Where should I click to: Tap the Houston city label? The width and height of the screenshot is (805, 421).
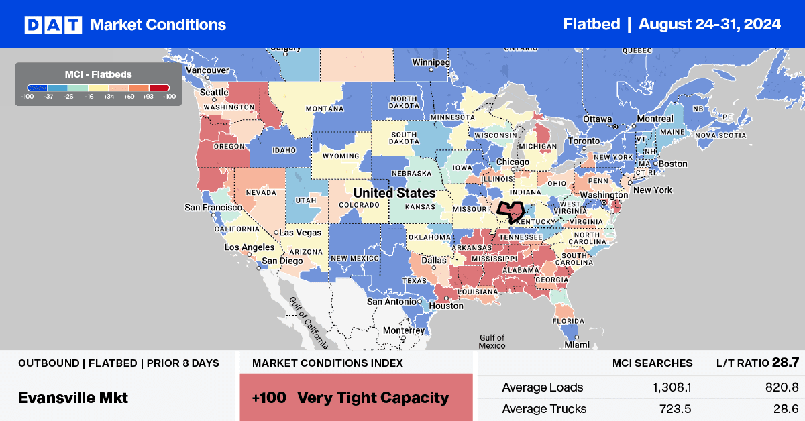tap(446, 306)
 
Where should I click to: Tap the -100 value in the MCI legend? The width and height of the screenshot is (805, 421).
tap(28, 96)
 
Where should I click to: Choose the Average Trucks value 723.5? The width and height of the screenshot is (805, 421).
tap(674, 408)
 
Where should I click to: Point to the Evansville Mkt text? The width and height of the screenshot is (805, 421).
tap(73, 398)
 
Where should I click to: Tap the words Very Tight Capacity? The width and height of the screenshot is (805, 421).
tap(373, 398)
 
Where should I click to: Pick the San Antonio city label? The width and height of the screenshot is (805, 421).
tap(392, 302)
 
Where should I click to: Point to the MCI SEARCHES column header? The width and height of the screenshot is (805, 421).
tap(652, 363)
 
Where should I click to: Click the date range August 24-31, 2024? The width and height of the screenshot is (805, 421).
tap(709, 25)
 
